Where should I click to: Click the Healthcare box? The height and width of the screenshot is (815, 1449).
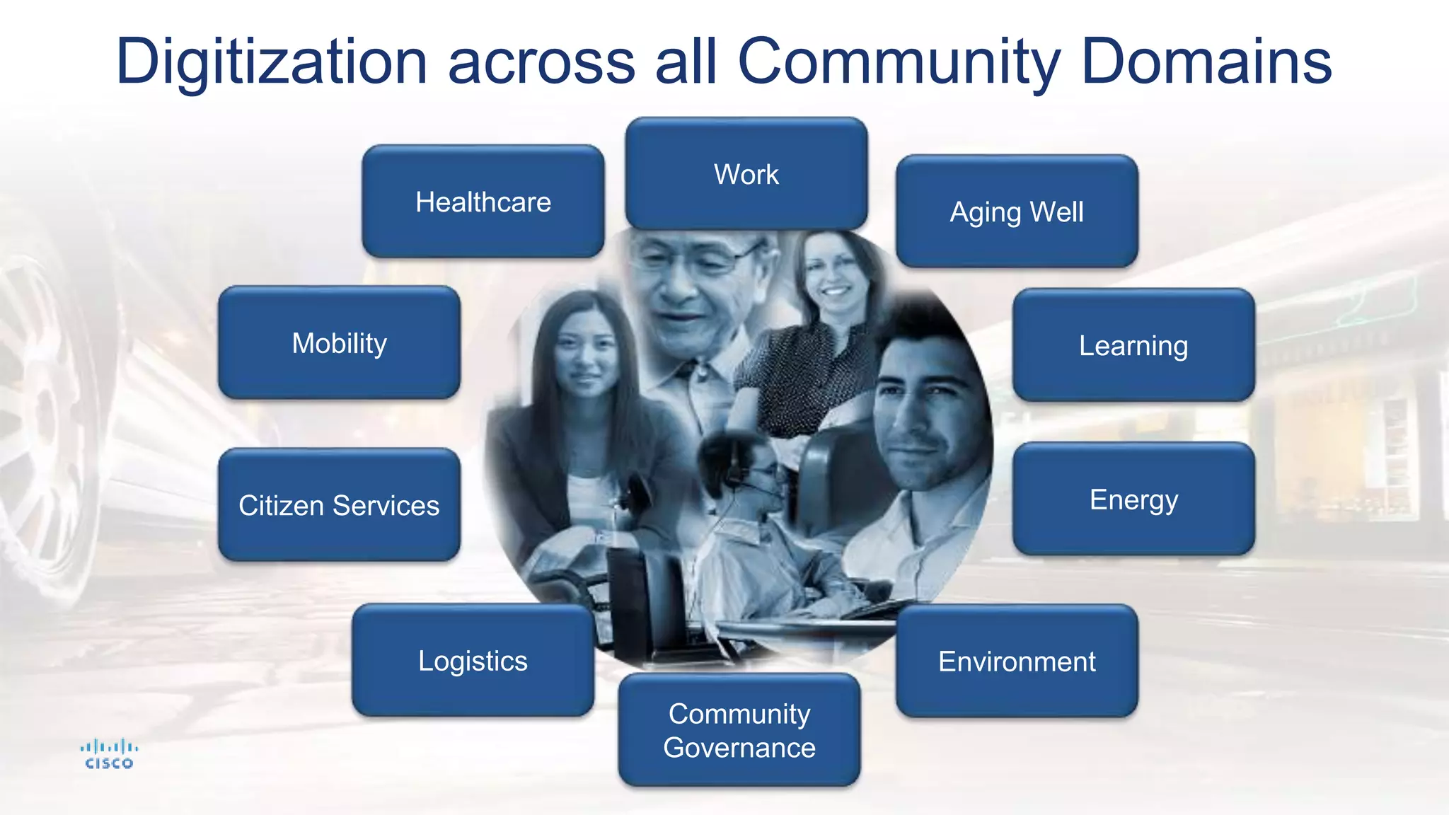pos(483,202)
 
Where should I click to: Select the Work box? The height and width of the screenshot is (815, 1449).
pos(746,174)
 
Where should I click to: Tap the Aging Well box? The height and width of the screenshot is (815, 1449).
pos(1017,212)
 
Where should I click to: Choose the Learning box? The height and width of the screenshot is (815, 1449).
pos(1133,345)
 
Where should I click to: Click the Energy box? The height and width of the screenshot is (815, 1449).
pos(1133,499)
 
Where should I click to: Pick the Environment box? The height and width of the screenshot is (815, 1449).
pos(1017,661)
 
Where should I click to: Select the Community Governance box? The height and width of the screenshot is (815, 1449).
pos(739,730)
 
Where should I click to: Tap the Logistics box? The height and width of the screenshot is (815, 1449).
pos(473,661)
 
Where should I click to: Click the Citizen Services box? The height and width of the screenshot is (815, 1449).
pos(339,505)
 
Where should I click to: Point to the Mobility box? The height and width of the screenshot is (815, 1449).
pos(339,343)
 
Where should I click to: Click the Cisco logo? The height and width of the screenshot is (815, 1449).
pos(109,754)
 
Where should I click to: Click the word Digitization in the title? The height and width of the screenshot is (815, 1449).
pos(272,62)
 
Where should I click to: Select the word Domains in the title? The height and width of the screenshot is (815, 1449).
pos(1206,62)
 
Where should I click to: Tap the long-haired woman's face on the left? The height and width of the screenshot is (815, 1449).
pos(584,354)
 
